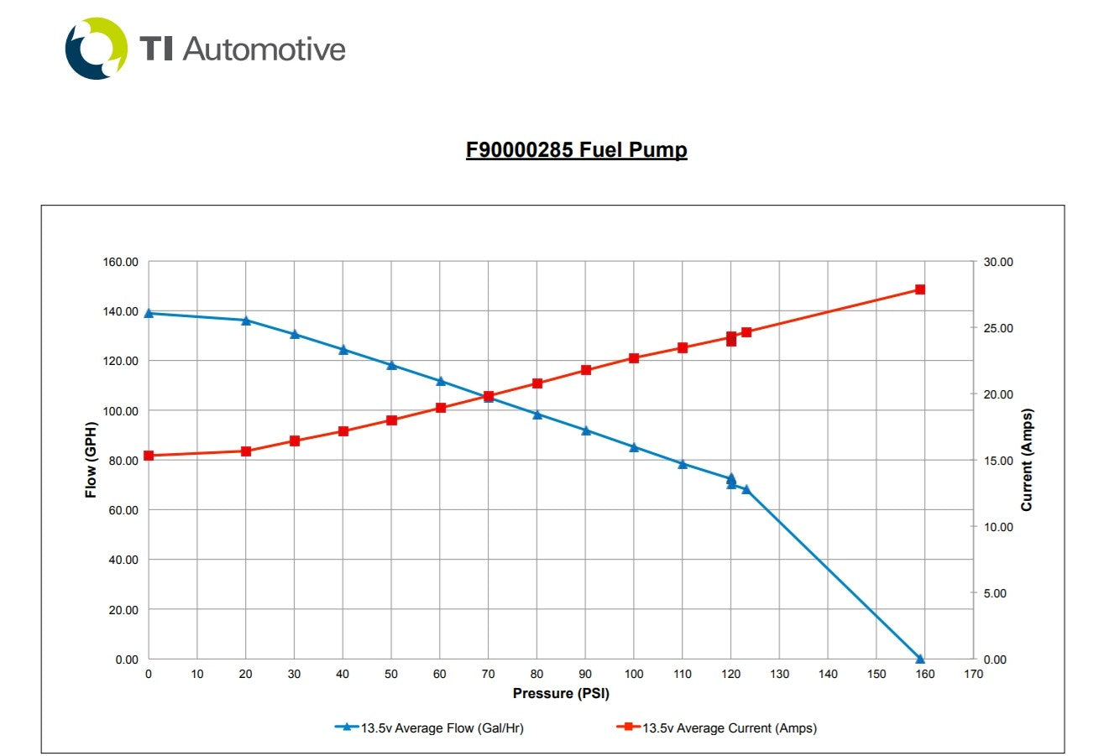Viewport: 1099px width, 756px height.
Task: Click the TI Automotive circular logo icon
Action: (97, 49)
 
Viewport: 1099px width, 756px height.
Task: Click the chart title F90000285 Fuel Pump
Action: (576, 150)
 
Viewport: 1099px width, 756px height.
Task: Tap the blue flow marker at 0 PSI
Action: (149, 313)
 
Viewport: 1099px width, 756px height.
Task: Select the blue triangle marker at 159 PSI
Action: (919, 659)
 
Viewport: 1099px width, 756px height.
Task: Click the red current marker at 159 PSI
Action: (919, 289)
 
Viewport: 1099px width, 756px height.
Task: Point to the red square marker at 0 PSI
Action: (149, 456)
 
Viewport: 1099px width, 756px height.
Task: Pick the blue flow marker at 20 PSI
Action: (246, 321)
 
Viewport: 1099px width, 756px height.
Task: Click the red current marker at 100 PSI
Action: (634, 358)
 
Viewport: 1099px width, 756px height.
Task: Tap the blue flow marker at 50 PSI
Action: (391, 365)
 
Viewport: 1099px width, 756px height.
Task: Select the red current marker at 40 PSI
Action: (343, 431)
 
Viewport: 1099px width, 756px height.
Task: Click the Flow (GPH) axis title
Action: (91, 460)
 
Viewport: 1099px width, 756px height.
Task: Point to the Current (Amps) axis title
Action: (1026, 460)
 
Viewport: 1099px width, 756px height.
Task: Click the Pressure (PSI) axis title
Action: (561, 694)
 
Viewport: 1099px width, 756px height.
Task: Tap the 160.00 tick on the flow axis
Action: (121, 262)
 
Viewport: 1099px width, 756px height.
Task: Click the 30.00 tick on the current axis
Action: (998, 262)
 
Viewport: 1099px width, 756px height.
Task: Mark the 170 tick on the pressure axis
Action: (972, 674)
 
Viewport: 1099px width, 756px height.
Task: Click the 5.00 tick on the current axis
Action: (996, 593)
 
